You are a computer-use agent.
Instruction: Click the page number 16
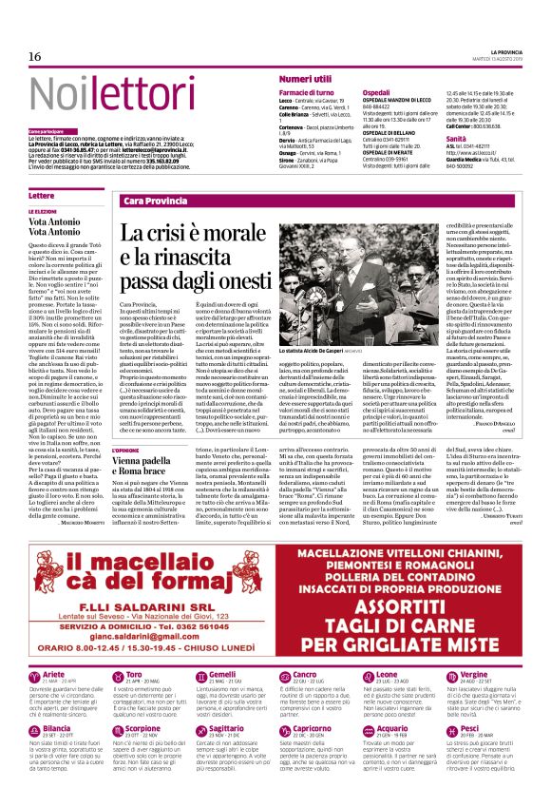tap(35, 56)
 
